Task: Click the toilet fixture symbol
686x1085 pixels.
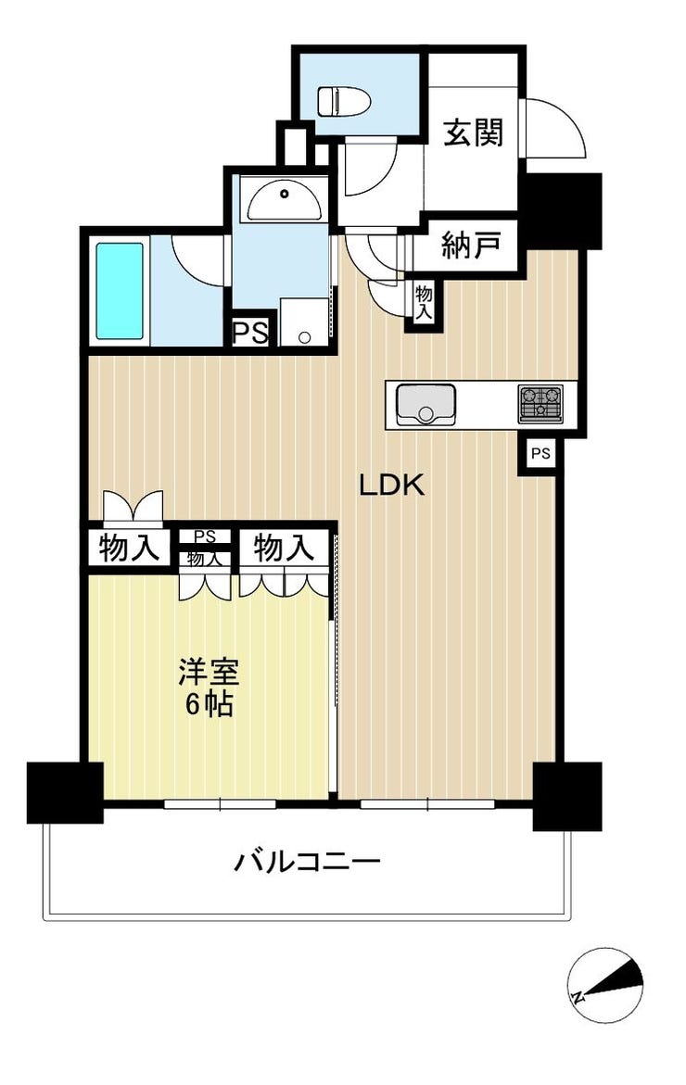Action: point(344,101)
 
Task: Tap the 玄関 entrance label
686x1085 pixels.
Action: point(473,132)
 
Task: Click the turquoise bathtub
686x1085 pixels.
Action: point(120,291)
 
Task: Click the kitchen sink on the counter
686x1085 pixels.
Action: point(425,406)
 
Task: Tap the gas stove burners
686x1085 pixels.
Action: point(540,404)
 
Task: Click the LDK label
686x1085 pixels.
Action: point(391,486)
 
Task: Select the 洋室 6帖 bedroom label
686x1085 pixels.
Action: point(209,688)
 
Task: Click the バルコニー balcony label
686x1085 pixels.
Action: point(308,863)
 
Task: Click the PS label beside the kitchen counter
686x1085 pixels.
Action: point(540,454)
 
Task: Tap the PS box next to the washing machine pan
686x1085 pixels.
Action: point(250,334)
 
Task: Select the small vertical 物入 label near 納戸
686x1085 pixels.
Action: point(424,302)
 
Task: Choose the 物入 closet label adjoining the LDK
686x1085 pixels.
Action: point(284,548)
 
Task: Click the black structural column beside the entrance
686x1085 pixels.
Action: point(561,209)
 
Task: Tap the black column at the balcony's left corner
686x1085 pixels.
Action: point(65,793)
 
